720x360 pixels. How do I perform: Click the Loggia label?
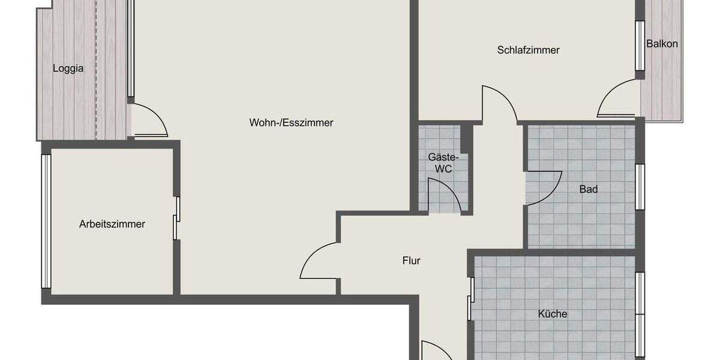(x=68, y=68)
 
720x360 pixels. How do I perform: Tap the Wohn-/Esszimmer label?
(x=291, y=122)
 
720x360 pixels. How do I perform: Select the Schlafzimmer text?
(x=528, y=50)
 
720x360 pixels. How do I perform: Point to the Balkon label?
(x=662, y=44)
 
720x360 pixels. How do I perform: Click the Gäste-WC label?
(x=443, y=163)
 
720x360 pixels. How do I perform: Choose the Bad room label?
(x=588, y=190)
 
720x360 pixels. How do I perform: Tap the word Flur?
(x=411, y=260)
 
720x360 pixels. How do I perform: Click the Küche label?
(x=552, y=314)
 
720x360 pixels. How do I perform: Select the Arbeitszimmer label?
(x=112, y=224)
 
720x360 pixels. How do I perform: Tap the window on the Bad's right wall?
(x=640, y=187)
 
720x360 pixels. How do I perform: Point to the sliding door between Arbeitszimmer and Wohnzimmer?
(x=176, y=218)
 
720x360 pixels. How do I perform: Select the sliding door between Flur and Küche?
(x=472, y=299)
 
